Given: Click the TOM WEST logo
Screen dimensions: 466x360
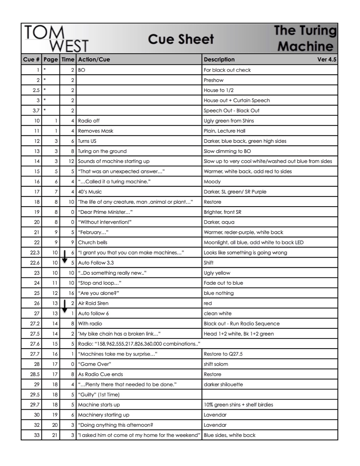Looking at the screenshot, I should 56,39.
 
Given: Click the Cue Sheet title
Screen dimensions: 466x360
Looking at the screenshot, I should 181,39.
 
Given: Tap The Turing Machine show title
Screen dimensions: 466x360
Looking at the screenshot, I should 305,38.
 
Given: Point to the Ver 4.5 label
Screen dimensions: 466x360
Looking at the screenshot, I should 326,59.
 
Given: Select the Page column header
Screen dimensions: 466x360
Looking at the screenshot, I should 51,59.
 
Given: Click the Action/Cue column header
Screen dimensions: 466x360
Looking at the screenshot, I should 94,59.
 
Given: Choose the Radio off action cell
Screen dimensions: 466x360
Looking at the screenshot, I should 89,121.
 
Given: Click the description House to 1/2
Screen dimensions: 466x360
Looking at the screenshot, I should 219,90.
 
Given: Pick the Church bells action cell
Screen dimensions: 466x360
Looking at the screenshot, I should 93,243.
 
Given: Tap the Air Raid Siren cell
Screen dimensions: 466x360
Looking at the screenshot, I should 93,303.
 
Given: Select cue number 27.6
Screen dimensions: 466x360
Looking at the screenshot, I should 35,344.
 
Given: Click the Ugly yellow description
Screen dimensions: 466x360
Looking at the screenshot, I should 217,273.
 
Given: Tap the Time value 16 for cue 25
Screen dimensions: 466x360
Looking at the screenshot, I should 71,293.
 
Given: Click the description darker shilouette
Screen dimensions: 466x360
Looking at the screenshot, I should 223,384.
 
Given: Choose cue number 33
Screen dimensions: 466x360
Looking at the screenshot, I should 37,435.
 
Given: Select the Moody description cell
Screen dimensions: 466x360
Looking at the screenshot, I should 212,182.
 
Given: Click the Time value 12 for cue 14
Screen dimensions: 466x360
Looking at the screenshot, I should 71,161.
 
